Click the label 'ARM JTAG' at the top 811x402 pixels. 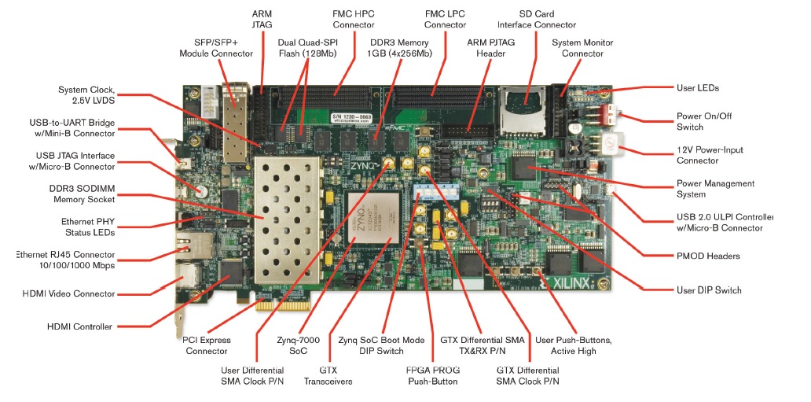[x=262, y=20]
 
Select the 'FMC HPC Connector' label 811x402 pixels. [x=354, y=19]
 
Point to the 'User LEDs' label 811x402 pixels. [x=697, y=88]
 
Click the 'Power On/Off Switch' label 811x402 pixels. [x=700, y=121]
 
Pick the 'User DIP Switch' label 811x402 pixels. [x=709, y=290]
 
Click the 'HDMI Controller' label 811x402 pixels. [x=79, y=326]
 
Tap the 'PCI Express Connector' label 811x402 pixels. [x=207, y=345]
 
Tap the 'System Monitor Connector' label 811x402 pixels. [x=582, y=48]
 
